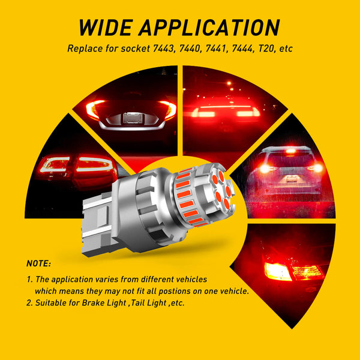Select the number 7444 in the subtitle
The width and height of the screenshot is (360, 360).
(x=245, y=47)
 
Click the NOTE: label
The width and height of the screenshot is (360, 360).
(x=39, y=263)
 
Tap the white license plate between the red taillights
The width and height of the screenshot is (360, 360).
(x=125, y=119)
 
